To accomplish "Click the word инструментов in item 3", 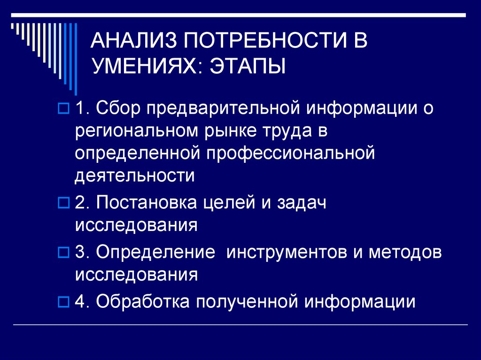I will pos(287,252).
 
